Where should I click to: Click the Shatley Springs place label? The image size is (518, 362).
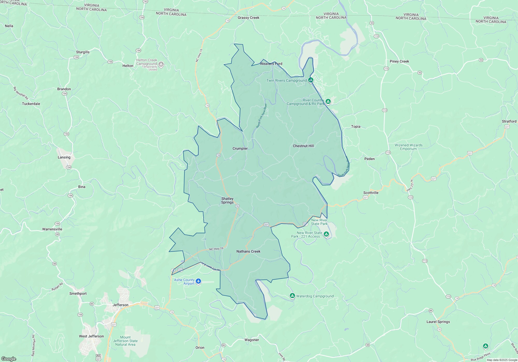[227, 200]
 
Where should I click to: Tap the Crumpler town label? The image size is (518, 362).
[240, 148]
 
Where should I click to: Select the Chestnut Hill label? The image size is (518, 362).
[303, 146]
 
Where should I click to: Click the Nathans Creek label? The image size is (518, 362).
[248, 251]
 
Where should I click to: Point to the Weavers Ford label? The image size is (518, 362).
[271, 64]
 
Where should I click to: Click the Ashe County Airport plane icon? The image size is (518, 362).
[198, 281]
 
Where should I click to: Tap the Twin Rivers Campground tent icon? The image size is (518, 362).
[311, 80]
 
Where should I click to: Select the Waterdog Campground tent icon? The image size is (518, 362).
[292, 296]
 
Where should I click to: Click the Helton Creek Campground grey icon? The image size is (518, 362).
[161, 64]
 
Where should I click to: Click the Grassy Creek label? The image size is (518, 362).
[248, 18]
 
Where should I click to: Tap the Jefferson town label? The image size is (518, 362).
[120, 305]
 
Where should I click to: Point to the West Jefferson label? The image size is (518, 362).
[91, 336]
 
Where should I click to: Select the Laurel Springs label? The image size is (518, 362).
[438, 322]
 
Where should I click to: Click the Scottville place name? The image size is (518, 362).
[371, 193]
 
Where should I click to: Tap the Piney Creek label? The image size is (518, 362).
[399, 61]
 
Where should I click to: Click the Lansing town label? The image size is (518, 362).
[64, 157]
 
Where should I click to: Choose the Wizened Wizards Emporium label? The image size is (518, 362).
[408, 147]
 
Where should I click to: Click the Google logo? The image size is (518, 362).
[9, 359]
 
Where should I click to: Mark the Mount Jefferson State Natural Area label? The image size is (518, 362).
[125, 341]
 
